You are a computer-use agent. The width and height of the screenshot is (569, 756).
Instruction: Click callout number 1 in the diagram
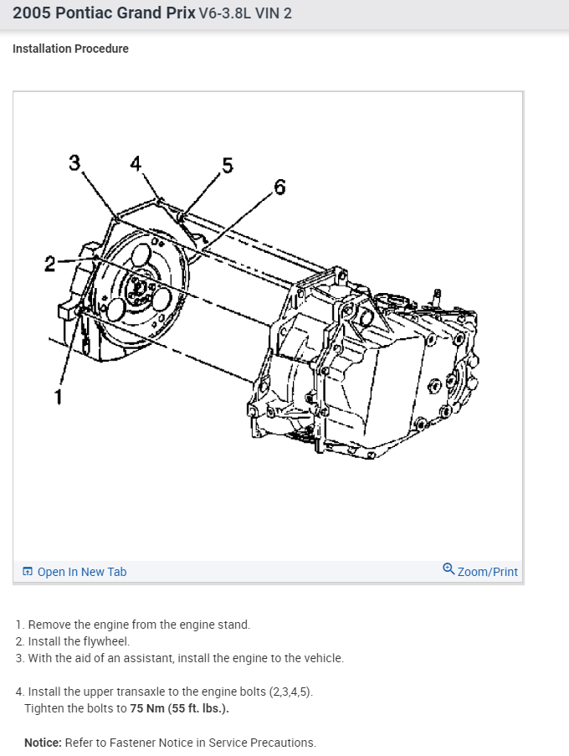click(x=58, y=396)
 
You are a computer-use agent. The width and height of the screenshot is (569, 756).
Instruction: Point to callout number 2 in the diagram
click(x=50, y=265)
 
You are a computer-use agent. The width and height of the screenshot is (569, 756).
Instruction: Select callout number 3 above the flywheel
click(x=75, y=162)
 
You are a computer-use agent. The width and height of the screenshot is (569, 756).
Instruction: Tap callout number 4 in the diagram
click(x=136, y=162)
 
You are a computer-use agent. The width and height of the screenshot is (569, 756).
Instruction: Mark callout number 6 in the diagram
click(x=279, y=187)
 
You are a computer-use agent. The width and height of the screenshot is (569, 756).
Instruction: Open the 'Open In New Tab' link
click(x=81, y=572)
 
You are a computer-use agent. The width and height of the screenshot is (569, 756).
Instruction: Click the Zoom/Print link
click(x=487, y=572)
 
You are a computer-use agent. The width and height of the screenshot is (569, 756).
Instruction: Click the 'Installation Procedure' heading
click(x=70, y=49)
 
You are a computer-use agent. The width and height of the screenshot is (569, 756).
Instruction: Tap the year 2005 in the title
click(x=31, y=13)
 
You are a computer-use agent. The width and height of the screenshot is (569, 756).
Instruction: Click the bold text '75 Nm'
click(x=148, y=708)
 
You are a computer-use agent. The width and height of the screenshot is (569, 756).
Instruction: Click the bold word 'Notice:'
click(x=43, y=743)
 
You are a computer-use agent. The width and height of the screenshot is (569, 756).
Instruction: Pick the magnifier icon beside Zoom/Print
click(x=449, y=569)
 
